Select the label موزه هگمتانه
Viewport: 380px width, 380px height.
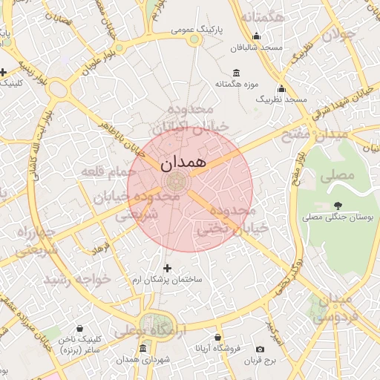[236, 84]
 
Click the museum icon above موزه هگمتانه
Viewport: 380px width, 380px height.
[236, 73]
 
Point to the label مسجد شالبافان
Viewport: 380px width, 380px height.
[257, 47]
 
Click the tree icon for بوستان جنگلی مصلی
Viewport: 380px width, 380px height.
[338, 206]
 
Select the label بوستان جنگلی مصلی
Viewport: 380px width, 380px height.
[338, 217]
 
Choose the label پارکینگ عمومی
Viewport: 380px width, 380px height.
[197, 30]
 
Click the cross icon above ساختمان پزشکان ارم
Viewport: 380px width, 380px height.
[167, 268]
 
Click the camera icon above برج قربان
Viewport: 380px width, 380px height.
[260, 350]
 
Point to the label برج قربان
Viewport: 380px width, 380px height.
[260, 361]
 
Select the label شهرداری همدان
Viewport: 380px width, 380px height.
[142, 359]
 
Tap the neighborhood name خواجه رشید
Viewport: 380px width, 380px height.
[76, 280]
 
